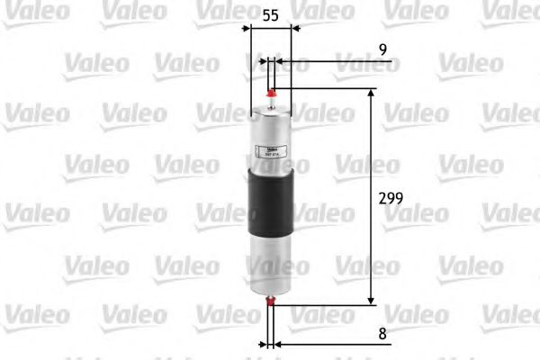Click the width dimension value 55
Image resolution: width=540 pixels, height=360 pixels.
tap(270, 15)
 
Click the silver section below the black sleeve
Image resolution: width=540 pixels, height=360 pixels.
tap(271, 261)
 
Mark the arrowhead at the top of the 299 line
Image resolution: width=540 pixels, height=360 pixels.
tap(369, 93)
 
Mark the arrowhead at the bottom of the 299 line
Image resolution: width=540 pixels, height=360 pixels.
tap(369, 301)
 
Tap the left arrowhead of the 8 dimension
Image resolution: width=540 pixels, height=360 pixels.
tap(265, 344)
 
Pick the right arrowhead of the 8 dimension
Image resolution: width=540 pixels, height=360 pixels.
tap(278, 344)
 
